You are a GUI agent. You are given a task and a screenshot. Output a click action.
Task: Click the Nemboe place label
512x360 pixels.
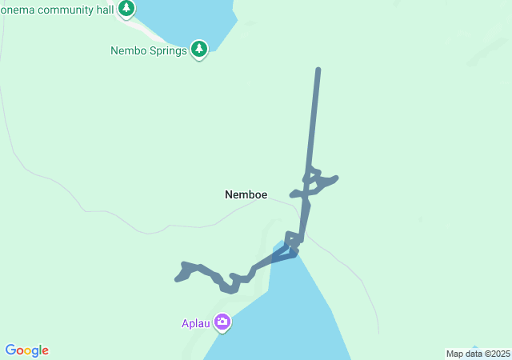[246, 194]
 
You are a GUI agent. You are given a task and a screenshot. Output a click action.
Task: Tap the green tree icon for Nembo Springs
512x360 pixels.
[199, 50]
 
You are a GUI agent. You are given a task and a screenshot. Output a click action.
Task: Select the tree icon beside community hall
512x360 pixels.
[126, 9]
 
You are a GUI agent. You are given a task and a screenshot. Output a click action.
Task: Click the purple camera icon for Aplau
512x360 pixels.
[222, 322]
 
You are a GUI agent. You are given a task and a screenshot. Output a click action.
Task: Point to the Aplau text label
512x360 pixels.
[194, 324]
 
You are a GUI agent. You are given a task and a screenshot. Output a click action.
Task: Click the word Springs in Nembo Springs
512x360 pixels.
[168, 51]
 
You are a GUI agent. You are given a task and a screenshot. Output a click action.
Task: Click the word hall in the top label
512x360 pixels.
[106, 7]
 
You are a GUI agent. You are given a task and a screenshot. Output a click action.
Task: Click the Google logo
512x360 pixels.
[27, 350]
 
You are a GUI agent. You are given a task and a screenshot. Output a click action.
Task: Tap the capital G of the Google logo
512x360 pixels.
[10, 350]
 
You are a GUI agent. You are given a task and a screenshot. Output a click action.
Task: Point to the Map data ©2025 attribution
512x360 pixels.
[477, 354]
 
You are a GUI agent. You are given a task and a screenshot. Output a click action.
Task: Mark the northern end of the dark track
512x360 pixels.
[318, 70]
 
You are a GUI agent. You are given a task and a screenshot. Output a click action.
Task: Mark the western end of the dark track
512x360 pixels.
[177, 279]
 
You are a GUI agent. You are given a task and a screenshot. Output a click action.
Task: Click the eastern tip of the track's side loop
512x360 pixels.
[337, 178]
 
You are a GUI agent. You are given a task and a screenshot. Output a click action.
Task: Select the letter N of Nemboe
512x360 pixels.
[229, 194]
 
